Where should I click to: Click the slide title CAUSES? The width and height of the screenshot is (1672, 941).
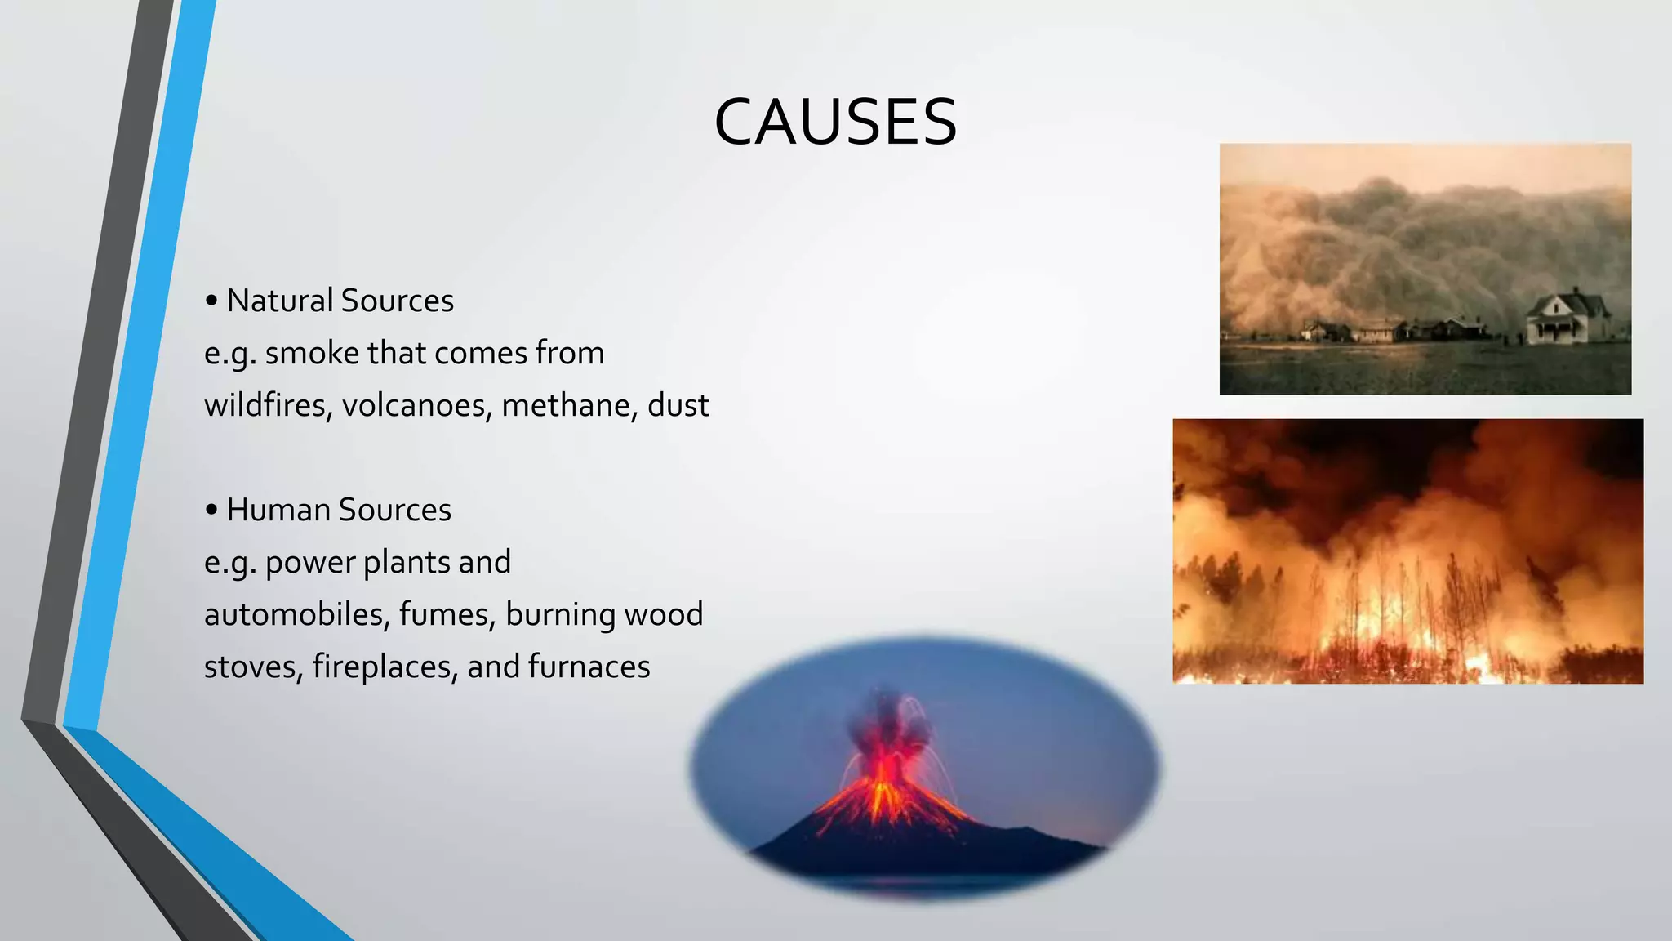[x=835, y=123]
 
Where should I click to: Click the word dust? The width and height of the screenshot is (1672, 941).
[x=678, y=405]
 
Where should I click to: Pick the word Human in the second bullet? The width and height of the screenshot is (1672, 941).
[x=278, y=510]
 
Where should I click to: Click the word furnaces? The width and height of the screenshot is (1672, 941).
[x=589, y=667]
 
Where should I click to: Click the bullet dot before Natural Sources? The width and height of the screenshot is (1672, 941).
[x=211, y=301]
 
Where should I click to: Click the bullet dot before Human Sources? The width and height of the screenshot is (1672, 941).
[x=211, y=511]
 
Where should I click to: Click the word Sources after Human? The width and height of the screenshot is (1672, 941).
[x=394, y=510]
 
